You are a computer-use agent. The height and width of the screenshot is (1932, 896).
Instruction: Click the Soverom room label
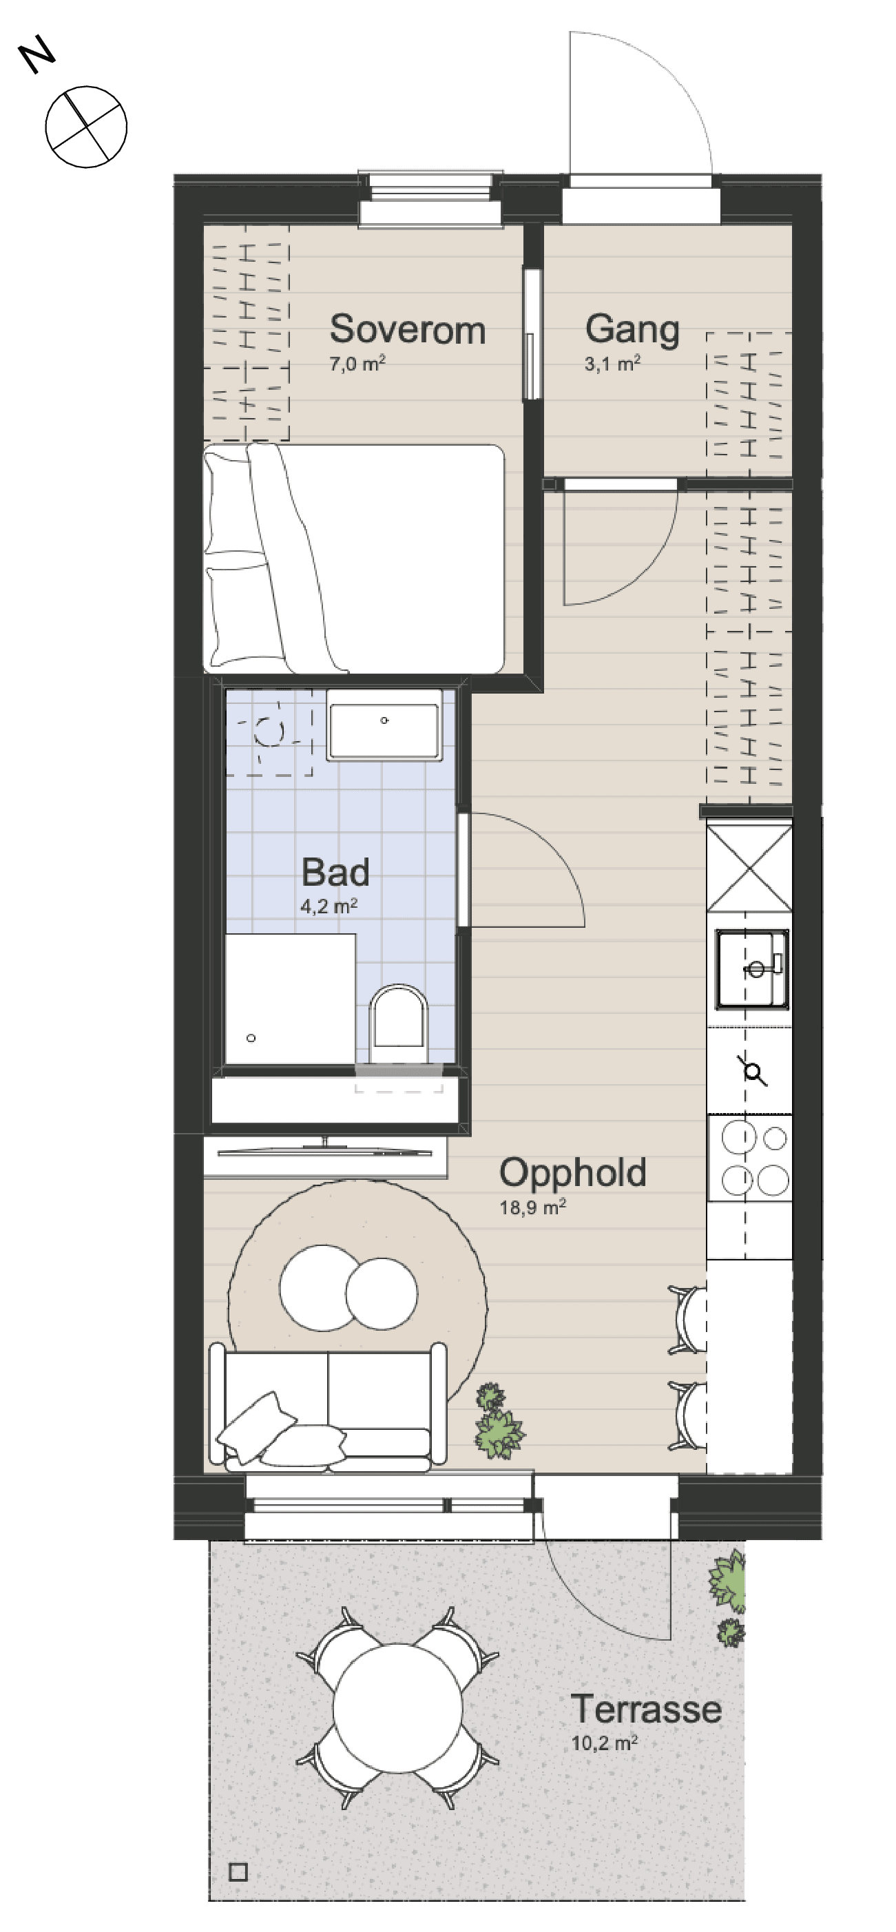407,329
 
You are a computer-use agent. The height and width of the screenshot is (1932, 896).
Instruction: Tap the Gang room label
632,329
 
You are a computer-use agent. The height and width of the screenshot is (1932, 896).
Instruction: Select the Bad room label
335,872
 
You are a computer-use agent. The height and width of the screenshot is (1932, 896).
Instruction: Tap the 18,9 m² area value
532,1207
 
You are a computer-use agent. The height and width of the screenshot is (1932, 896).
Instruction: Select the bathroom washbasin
383,731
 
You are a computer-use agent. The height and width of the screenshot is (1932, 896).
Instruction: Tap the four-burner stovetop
750,1158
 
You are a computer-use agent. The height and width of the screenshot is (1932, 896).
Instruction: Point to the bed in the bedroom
353,557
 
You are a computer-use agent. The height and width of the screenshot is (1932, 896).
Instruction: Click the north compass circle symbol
86,127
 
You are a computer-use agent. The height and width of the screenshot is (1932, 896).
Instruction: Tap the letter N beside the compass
37,58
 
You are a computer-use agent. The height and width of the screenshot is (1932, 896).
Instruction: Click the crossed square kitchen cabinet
750,869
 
